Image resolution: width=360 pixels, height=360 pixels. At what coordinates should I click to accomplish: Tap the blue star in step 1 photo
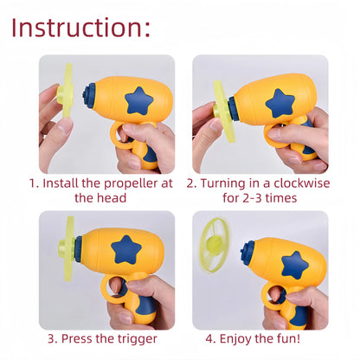(x=138, y=101)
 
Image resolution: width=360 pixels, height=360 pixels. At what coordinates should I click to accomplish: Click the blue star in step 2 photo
(x=280, y=102)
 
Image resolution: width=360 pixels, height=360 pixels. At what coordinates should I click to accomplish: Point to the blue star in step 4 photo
(x=295, y=263)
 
